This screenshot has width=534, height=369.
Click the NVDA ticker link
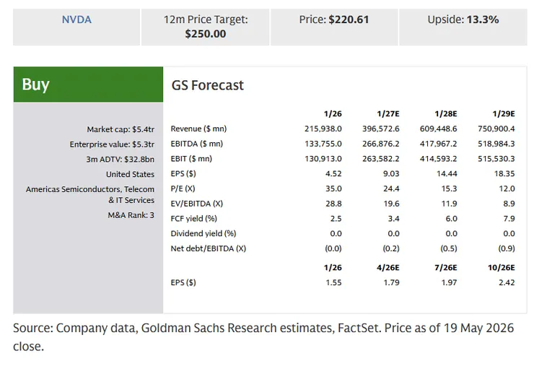tap(76, 19)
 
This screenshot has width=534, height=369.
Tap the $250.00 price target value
tap(206, 34)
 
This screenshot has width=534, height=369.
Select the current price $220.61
tap(349, 19)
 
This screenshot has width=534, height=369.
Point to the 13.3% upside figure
tap(483, 19)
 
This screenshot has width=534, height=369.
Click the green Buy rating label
tap(36, 84)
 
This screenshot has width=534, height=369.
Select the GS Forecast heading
tap(207, 85)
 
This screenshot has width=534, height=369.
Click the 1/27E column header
tap(388, 114)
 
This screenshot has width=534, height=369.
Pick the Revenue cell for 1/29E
tap(496, 129)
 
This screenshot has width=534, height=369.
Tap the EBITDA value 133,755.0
tap(323, 144)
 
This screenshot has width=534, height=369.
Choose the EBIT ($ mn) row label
tap(191, 159)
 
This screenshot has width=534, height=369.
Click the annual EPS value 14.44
tap(447, 174)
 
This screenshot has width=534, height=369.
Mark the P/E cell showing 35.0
tap(333, 188)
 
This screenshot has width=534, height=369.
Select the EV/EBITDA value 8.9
tap(509, 204)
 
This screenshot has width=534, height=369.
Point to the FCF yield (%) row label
tap(194, 218)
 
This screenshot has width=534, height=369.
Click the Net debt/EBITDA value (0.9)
tap(507, 248)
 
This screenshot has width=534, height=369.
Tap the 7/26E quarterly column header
tap(446, 268)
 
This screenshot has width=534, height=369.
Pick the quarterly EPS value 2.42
tap(507, 283)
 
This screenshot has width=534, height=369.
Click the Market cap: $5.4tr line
tap(121, 129)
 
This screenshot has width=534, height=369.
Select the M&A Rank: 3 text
tap(131, 215)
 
